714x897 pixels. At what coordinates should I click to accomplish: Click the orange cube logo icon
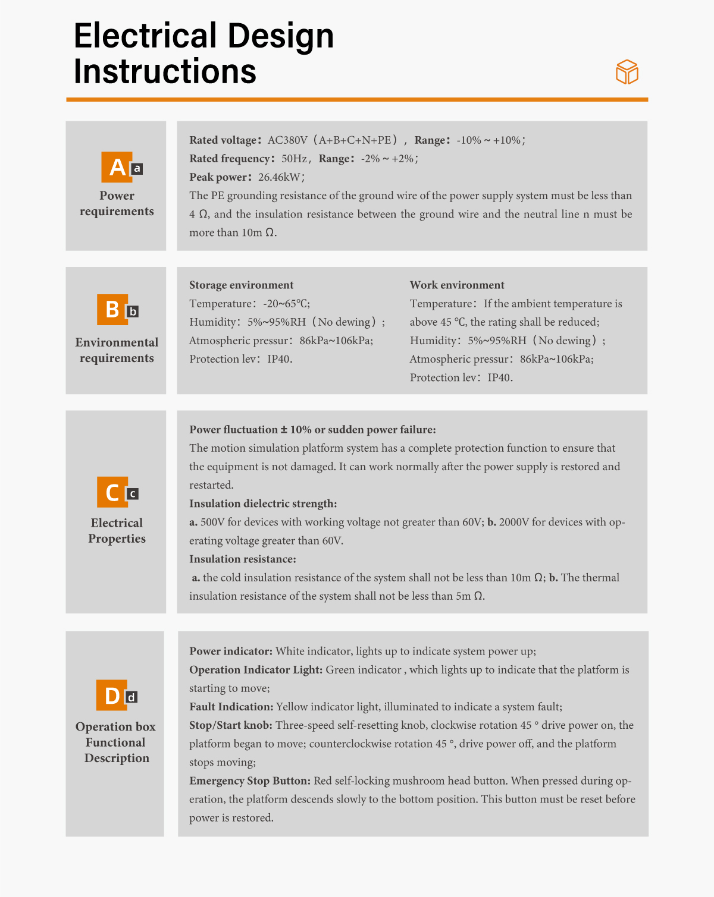point(627,72)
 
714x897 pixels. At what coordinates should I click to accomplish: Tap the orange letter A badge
point(117,167)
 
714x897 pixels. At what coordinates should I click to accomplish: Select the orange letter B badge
point(112,310)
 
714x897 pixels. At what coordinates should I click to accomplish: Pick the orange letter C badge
point(112,492)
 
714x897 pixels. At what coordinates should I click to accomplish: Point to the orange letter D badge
point(112,695)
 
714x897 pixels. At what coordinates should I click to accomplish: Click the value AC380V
point(287,140)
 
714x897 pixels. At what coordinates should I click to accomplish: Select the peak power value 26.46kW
point(280,177)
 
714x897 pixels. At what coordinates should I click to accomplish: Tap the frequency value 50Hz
point(294,159)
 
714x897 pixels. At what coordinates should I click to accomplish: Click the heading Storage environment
point(241,285)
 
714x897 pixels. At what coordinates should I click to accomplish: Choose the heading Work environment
point(457,285)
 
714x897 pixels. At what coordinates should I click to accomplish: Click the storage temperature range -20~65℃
point(286,304)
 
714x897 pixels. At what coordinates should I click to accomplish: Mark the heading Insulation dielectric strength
point(263,504)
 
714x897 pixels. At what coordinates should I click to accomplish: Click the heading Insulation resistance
point(242,559)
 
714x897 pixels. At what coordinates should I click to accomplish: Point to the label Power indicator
point(231,651)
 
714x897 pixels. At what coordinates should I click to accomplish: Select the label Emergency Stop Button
point(250,781)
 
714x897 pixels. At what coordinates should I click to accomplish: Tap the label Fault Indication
point(231,707)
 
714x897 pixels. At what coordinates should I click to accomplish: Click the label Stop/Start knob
point(231,725)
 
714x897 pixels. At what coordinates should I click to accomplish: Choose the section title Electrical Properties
point(117,531)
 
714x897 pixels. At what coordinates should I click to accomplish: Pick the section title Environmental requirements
point(117,350)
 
